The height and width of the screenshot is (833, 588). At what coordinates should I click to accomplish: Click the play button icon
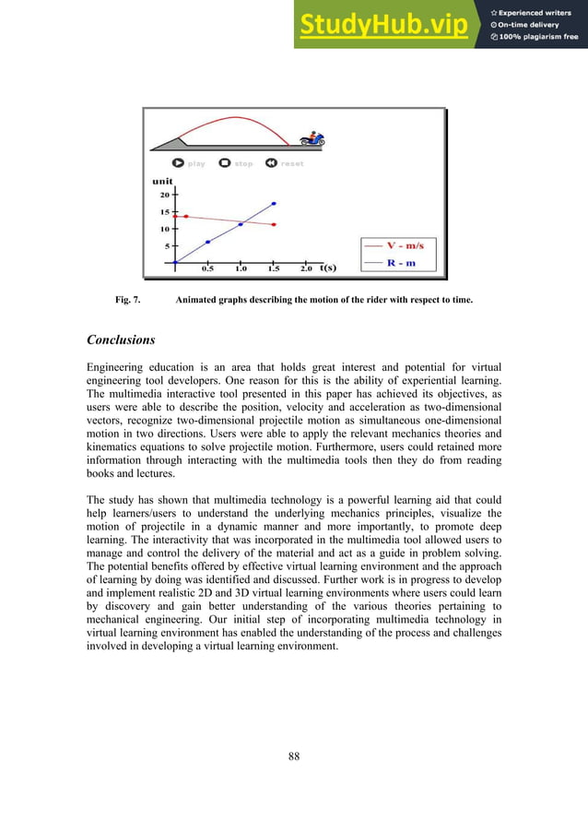click(178, 163)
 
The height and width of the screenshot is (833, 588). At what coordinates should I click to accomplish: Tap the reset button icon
click(271, 163)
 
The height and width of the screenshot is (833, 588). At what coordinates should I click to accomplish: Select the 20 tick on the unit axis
click(165, 196)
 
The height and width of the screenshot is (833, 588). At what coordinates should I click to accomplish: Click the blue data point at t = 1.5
click(274, 203)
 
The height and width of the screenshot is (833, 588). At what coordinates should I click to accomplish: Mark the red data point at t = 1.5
click(274, 224)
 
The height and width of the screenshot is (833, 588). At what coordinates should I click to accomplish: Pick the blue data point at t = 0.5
click(207, 242)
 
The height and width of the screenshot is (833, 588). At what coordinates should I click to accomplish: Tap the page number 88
click(294, 756)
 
